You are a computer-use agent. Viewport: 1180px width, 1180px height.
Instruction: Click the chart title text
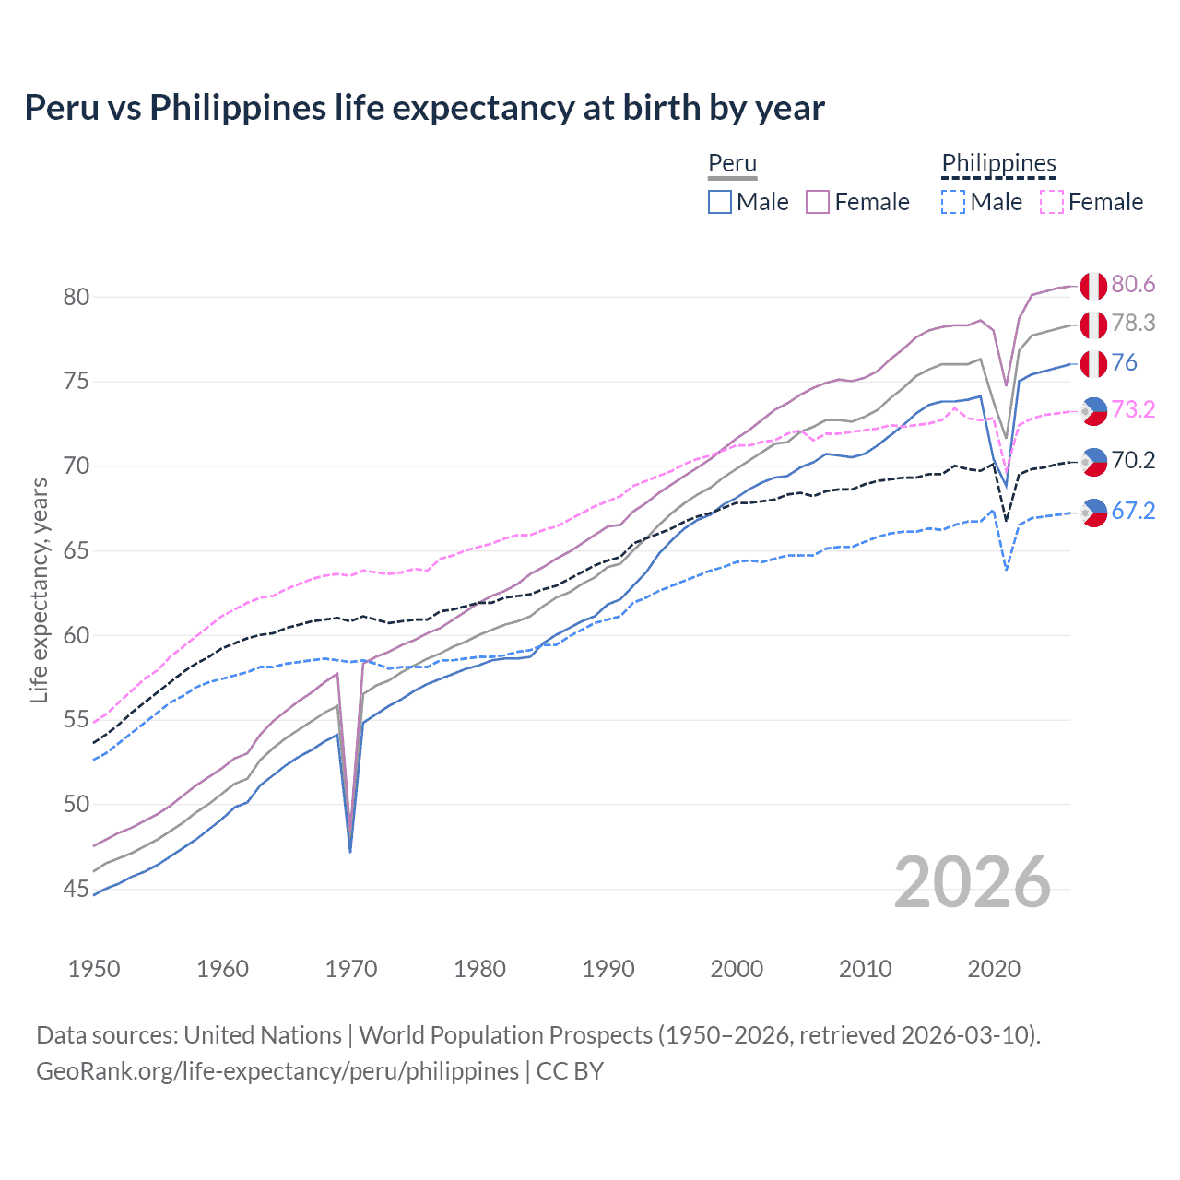[x=424, y=108]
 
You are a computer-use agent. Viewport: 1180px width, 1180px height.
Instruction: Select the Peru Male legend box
[x=720, y=202]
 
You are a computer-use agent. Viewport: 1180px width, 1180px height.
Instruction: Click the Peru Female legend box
[x=818, y=202]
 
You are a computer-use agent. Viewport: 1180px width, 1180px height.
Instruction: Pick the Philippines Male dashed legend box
[x=953, y=202]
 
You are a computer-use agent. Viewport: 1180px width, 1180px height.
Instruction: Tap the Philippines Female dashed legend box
[x=1052, y=202]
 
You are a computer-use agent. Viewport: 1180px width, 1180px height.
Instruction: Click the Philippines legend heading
[x=998, y=164]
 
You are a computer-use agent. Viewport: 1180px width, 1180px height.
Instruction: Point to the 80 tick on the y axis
[x=77, y=297]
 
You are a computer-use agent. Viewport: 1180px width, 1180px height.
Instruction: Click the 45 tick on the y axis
[x=77, y=889]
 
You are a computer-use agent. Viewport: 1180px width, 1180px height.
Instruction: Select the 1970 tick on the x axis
[x=351, y=969]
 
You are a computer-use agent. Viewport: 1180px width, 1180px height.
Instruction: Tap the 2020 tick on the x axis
[x=994, y=969]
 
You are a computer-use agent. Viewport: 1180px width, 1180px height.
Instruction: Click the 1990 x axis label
[x=608, y=969]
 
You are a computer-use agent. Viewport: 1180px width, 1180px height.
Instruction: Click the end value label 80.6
[x=1133, y=285]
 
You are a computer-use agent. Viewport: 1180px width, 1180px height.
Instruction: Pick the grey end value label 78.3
[x=1133, y=324]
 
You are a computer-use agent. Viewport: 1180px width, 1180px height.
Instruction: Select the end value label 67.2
[x=1133, y=512]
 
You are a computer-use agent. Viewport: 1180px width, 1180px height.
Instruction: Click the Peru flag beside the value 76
[x=1093, y=364]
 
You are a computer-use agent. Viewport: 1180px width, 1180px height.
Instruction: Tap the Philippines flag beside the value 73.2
[x=1093, y=411]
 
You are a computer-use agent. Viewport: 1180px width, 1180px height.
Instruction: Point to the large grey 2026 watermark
[x=973, y=883]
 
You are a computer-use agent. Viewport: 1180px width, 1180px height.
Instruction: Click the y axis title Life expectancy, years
[x=39, y=590]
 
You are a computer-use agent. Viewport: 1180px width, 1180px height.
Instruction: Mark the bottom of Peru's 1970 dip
[x=350, y=849]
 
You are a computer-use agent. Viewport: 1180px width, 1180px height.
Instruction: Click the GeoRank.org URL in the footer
[x=277, y=1071]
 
